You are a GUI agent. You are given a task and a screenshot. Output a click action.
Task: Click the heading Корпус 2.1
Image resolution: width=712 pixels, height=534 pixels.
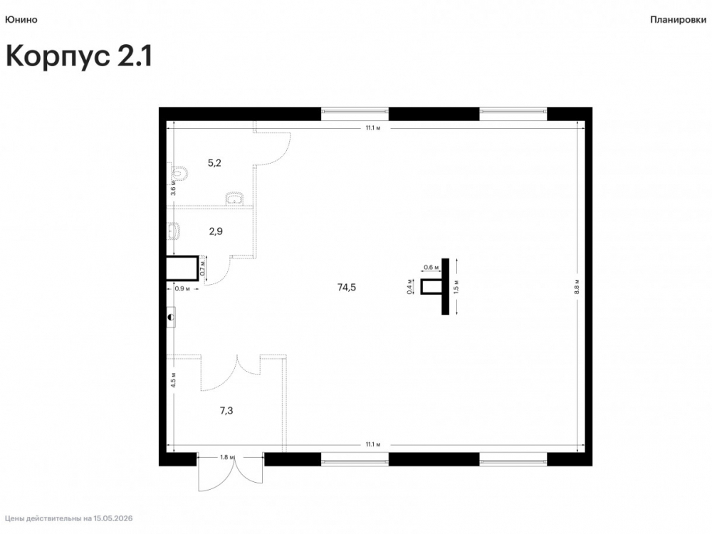78,57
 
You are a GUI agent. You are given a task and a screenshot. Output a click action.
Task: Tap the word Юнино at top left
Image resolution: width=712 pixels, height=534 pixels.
21,19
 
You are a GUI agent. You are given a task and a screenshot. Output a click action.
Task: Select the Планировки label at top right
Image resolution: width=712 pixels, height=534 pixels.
678,20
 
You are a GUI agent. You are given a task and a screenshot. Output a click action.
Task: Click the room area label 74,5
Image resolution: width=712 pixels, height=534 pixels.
347,287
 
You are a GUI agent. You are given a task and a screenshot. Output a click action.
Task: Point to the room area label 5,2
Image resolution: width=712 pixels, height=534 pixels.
214,163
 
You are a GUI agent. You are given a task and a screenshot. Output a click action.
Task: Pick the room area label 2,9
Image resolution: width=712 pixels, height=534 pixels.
216,231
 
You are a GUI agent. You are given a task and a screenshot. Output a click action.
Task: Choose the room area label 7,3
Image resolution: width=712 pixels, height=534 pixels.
226,411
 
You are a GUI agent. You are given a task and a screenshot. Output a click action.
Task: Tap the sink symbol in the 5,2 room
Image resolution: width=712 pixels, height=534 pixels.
235,198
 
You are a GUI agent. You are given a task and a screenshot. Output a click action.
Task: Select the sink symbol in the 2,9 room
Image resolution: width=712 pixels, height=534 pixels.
174,231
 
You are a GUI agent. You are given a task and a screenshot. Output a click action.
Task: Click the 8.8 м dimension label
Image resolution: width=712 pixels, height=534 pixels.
577,287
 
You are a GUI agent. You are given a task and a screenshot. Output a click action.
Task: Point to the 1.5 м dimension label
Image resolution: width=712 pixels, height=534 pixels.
456,286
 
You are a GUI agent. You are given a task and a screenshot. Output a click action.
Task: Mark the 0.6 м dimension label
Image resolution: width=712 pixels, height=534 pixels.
431,268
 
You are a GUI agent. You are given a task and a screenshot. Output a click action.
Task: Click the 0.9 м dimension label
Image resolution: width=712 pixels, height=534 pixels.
182,288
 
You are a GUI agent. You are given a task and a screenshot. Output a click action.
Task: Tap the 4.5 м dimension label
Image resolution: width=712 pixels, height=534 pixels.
173,379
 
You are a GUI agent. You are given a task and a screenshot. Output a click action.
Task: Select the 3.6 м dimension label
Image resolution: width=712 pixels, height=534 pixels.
173,187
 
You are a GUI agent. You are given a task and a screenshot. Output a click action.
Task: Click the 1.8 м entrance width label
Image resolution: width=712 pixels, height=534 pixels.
227,457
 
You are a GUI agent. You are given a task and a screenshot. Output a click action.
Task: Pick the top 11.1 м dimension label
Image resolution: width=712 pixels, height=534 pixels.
373,128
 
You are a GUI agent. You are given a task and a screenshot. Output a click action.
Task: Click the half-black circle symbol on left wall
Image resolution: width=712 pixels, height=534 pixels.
171,318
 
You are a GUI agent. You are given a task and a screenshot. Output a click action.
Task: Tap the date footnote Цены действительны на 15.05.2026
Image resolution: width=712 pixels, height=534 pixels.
69,518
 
